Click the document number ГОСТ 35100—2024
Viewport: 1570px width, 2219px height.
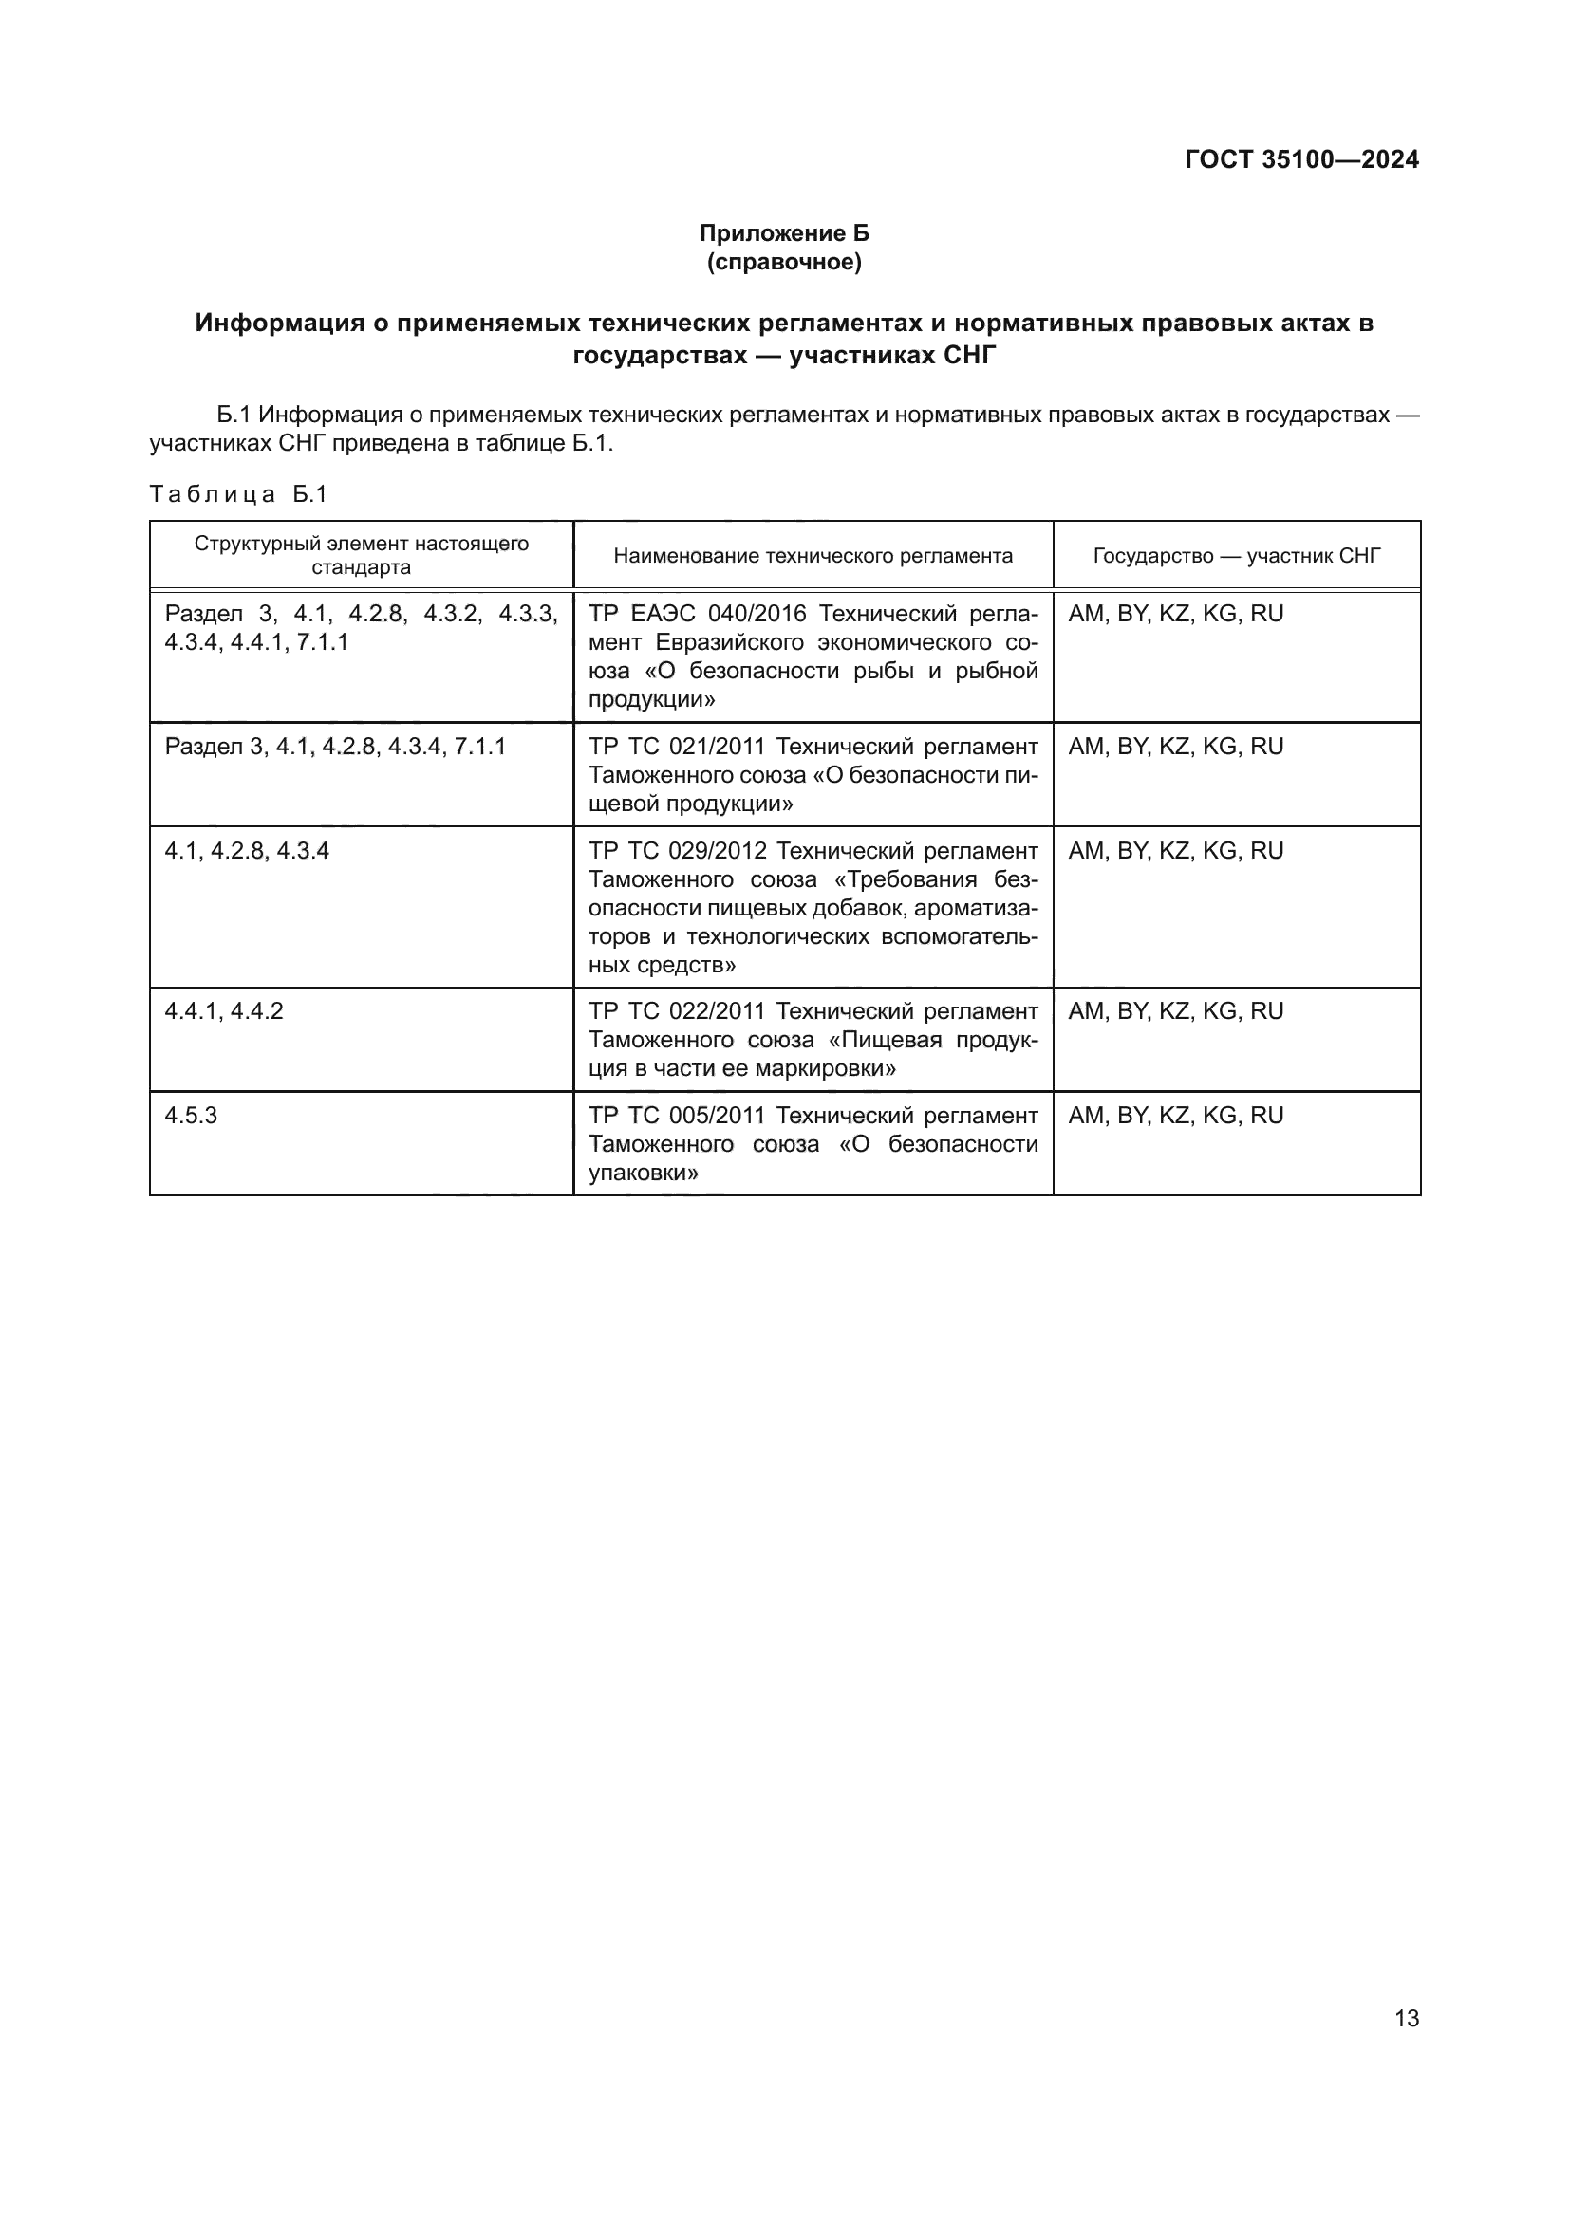[x=1301, y=159]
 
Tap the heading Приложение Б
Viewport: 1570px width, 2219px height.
[x=784, y=233]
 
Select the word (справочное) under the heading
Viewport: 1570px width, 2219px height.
[x=784, y=262]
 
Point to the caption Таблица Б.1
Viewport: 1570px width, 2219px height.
[x=239, y=494]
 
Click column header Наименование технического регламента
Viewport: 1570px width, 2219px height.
[x=813, y=556]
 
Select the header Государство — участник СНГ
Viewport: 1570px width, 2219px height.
[x=1237, y=556]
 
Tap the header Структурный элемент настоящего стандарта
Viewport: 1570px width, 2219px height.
[x=361, y=555]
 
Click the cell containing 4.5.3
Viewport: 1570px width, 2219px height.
[x=192, y=1116]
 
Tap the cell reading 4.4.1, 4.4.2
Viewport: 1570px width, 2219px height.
[x=223, y=1011]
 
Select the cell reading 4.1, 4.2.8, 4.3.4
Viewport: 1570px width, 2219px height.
[x=247, y=850]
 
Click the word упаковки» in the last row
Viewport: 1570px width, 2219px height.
[x=644, y=1174]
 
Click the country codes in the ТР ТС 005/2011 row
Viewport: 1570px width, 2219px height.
[x=1175, y=1116]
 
